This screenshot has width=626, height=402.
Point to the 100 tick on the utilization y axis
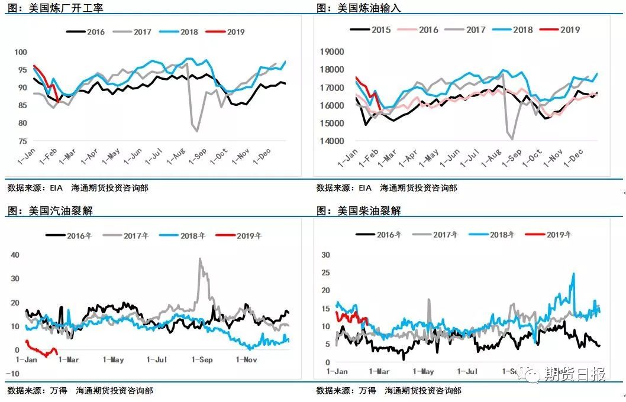pyautogui.click(x=21, y=53)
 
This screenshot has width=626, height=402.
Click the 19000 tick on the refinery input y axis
pyautogui.click(x=331, y=52)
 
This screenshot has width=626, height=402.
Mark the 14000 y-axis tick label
pyautogui.click(x=331, y=141)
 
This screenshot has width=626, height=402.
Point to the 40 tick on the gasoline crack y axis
pyautogui.click(x=16, y=255)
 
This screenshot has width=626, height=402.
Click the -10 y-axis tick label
pyautogui.click(x=14, y=374)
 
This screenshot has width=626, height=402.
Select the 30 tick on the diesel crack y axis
pyautogui.click(x=325, y=255)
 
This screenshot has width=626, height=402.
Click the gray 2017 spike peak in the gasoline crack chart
pyautogui.click(x=200, y=258)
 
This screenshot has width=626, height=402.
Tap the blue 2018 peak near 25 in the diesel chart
pyautogui.click(x=573, y=274)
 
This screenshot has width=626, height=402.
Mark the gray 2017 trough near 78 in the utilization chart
pyautogui.click(x=197, y=131)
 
